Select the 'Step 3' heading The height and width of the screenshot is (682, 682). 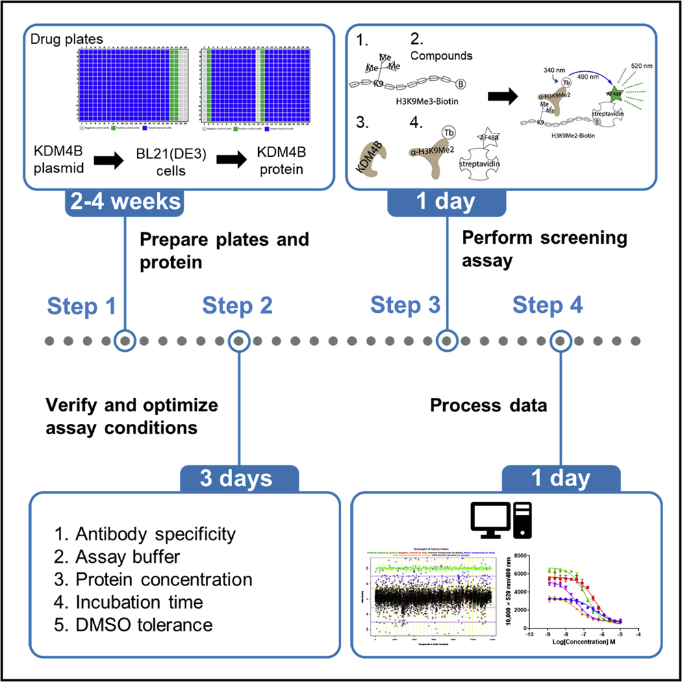[x=406, y=306]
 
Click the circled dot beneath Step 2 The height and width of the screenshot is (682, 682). [x=238, y=340]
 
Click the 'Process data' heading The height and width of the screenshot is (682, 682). [x=488, y=406]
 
